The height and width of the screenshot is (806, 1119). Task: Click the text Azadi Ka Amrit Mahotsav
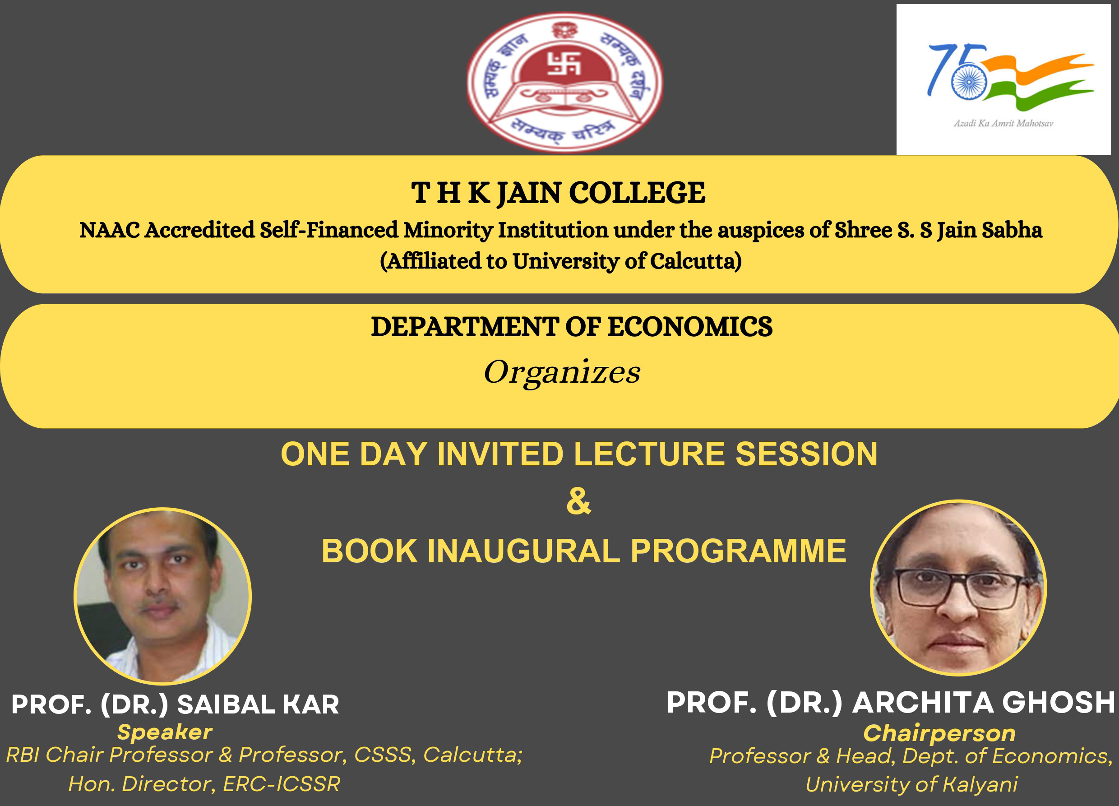[1003, 123]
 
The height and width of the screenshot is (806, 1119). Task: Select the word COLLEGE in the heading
[637, 193]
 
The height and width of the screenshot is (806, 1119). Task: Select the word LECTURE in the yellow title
[650, 454]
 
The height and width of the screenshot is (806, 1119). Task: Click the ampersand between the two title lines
[579, 501]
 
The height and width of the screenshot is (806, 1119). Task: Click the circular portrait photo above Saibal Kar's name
[162, 596]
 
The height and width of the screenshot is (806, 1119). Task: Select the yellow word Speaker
[165, 732]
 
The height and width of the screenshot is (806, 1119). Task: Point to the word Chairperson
[939, 733]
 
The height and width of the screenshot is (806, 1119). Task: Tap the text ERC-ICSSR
[282, 784]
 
